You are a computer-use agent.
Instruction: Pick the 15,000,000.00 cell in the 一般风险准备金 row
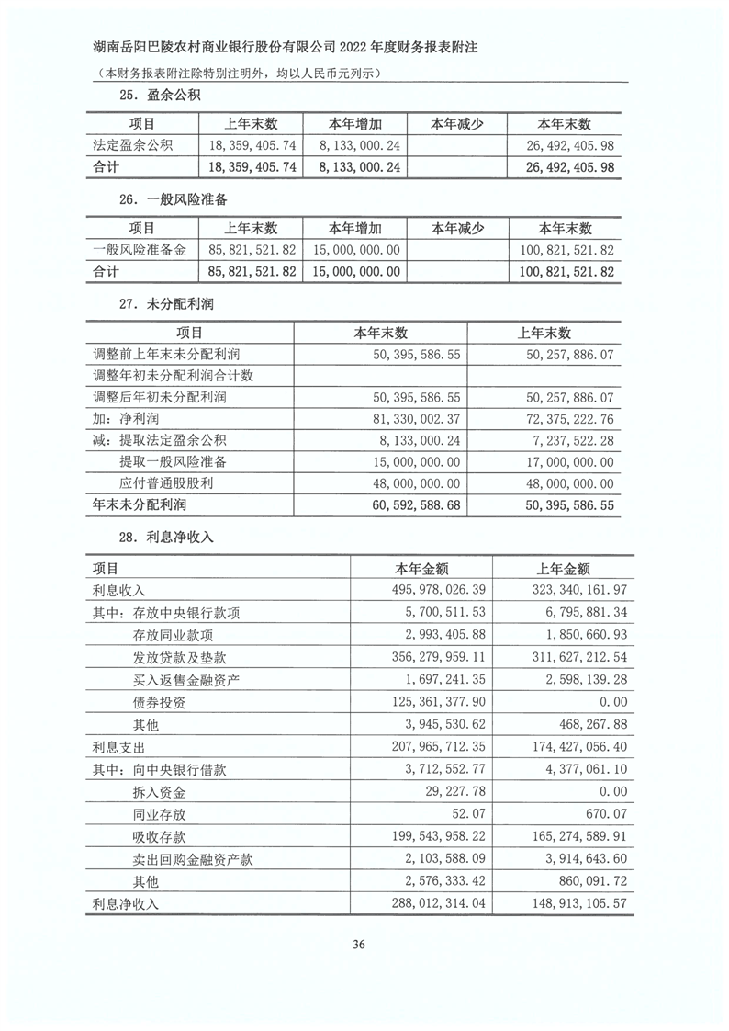(x=355, y=250)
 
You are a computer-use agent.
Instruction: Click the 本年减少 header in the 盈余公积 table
(x=457, y=124)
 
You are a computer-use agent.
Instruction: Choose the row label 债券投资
(x=159, y=702)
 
